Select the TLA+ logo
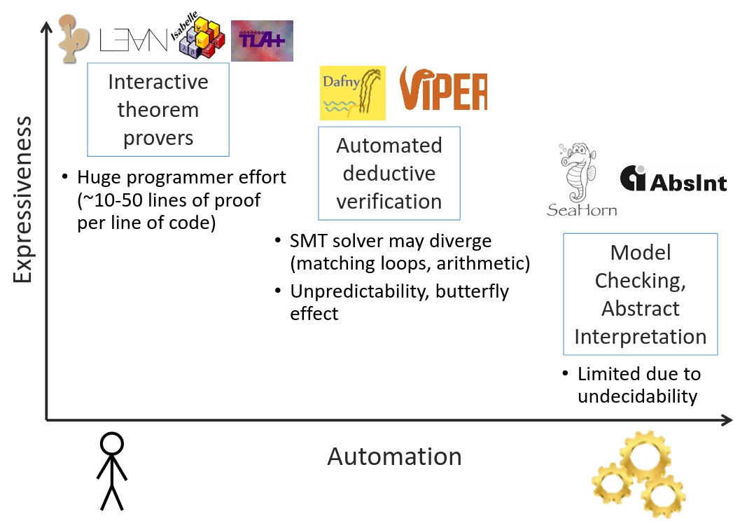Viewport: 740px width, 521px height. tap(262, 41)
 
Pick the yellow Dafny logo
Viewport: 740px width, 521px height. tap(352, 92)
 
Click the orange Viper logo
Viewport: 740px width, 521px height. tap(443, 90)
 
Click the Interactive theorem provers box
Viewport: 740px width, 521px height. tap(158, 110)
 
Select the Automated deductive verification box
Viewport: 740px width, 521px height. tap(389, 173)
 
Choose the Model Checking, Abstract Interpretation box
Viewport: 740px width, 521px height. tap(641, 294)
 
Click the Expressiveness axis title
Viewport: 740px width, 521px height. tap(22, 200)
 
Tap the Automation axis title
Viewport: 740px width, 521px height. tap(394, 457)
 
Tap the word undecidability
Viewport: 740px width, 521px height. tap(637, 396)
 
